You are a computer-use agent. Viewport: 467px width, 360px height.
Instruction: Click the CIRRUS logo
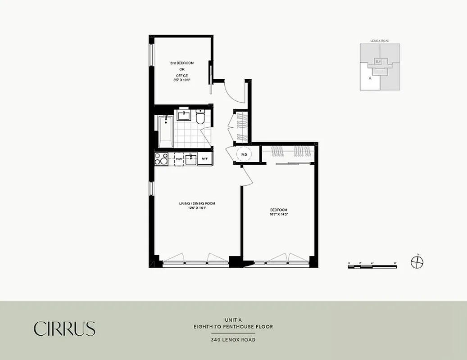[x=65, y=328]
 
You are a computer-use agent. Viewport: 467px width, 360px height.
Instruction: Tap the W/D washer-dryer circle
[x=244, y=154]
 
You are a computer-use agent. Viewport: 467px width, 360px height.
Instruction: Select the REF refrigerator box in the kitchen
[x=204, y=159]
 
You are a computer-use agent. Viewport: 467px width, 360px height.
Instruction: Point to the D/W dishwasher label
[x=178, y=159]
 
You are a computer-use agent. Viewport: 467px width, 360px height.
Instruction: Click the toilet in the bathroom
[x=201, y=117]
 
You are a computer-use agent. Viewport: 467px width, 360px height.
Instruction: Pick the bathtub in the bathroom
[x=165, y=131]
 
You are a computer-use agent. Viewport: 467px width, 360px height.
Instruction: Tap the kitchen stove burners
[x=161, y=159]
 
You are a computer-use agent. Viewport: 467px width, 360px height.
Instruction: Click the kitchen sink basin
[x=191, y=158]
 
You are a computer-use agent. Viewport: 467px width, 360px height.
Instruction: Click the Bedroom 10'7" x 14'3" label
[x=279, y=212]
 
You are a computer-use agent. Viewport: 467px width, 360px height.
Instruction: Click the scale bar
[x=372, y=267]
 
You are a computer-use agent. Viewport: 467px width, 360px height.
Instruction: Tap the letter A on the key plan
[x=369, y=78]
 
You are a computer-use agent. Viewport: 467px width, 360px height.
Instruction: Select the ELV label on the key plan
[x=378, y=61]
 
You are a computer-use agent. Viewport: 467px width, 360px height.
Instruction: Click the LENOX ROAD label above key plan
[x=380, y=40]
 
